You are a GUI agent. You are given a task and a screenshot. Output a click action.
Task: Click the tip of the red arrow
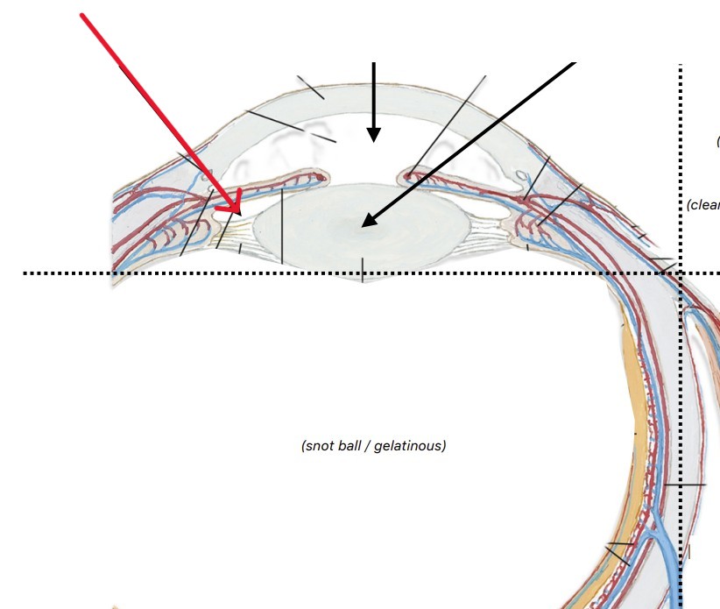click(239, 211)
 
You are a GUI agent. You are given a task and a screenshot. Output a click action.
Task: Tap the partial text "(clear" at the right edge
click(703, 205)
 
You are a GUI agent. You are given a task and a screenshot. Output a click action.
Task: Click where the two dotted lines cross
click(681, 273)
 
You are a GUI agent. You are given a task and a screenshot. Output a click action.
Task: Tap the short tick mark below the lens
click(363, 270)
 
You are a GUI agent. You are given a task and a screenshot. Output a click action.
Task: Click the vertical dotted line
click(681, 394)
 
